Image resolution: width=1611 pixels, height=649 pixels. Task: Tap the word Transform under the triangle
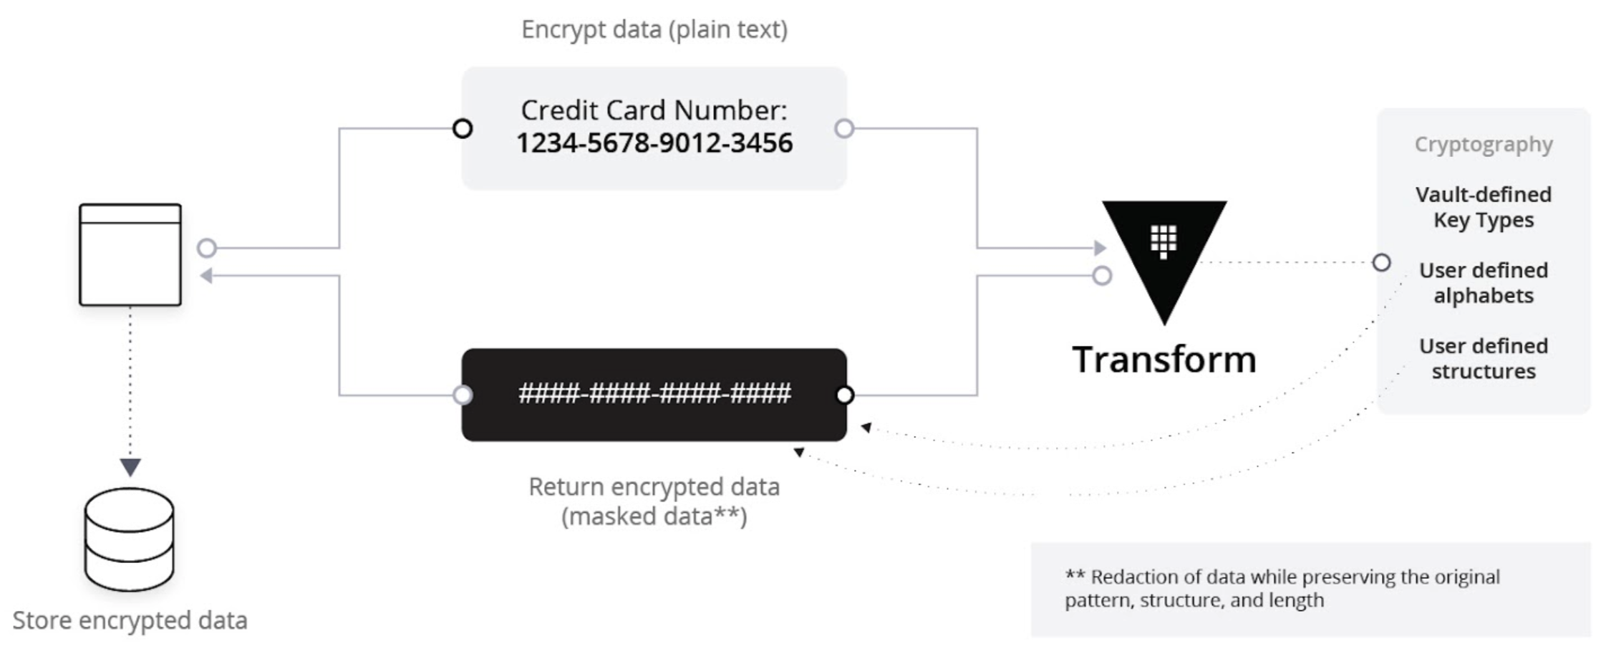[x=1164, y=360]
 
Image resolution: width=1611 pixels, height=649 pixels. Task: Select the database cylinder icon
[x=130, y=539]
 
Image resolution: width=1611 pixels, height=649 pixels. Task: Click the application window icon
[x=130, y=255]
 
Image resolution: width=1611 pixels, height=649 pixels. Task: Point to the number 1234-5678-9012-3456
[x=654, y=143]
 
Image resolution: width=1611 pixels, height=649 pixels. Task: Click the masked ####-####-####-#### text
[x=654, y=393]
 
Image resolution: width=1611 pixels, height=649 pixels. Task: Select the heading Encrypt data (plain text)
[x=654, y=29]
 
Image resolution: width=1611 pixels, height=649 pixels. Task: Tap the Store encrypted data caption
[x=130, y=620]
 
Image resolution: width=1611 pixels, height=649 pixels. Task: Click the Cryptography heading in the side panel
[x=1484, y=145]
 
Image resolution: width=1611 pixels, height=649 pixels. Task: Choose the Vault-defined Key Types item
[x=1484, y=207]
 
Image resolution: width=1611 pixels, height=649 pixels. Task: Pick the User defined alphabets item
[x=1484, y=283]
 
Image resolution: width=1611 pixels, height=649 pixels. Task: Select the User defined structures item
[x=1484, y=359]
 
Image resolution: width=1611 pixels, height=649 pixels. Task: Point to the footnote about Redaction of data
[x=1282, y=588]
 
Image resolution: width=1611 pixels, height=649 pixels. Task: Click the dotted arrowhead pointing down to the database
[x=130, y=467]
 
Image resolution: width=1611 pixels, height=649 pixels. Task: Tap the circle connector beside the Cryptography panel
[x=1382, y=263]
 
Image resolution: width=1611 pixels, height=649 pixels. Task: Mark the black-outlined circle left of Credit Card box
[x=463, y=129]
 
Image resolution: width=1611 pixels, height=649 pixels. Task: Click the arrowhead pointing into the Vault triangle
[x=1100, y=249]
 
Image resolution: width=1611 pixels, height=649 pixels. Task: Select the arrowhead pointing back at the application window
[x=206, y=276]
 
